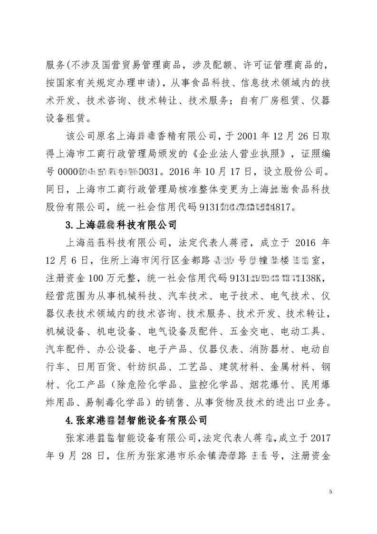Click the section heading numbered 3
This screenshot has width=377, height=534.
pos(121,224)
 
